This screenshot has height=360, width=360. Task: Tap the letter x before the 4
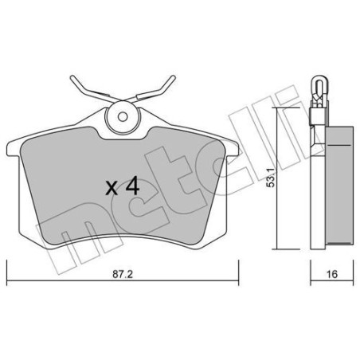(x=112, y=189)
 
